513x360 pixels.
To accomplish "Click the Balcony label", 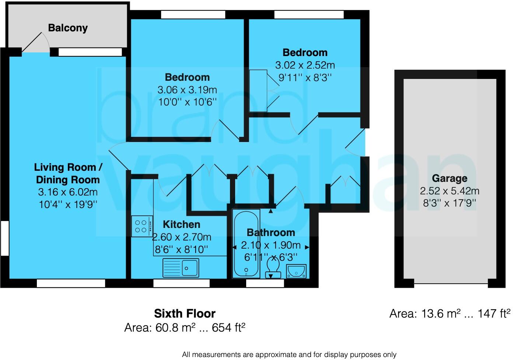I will click(x=68, y=28).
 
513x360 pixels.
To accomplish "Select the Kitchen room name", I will click(x=181, y=224).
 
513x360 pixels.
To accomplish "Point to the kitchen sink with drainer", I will click(x=181, y=267).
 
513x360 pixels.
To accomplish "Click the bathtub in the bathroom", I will click(x=246, y=243).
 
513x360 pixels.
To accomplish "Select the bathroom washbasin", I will click(x=297, y=271).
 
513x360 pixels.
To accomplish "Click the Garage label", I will click(x=449, y=179).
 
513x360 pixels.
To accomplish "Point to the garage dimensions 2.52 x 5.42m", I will click(x=449, y=191).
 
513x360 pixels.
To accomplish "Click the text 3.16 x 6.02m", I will click(x=68, y=192).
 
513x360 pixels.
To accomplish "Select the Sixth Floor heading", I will click(x=185, y=314).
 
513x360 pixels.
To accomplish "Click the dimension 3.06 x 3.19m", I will click(x=187, y=90).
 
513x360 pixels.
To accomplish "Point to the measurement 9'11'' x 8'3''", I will click(x=305, y=77).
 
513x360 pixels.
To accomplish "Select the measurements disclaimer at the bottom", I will click(x=289, y=354).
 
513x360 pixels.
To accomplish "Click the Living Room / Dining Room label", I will click(x=68, y=173).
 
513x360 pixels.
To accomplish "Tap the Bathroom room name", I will click(x=271, y=232).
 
